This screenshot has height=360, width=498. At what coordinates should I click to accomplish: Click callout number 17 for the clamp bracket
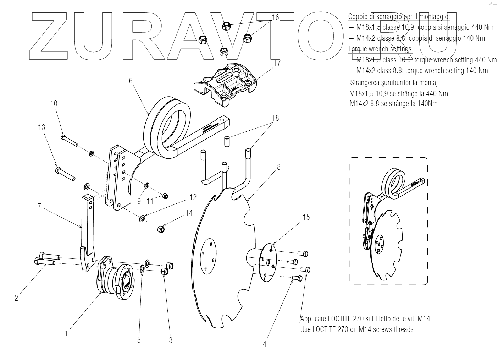pyautogui.click(x=277, y=63)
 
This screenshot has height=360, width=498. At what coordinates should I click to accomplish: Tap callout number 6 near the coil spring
pyautogui.click(x=131, y=81)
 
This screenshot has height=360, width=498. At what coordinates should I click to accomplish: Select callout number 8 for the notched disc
pyautogui.click(x=279, y=167)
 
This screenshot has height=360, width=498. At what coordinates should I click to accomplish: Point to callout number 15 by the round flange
pyautogui.click(x=306, y=217)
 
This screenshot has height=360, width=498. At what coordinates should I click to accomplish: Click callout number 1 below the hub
pyautogui.click(x=66, y=333)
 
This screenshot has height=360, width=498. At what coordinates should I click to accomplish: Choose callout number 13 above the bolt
pyautogui.click(x=42, y=127)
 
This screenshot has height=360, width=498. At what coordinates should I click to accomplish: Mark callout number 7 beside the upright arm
pyautogui.click(x=40, y=206)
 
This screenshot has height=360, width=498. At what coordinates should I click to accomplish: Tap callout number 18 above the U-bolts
pyautogui.click(x=275, y=118)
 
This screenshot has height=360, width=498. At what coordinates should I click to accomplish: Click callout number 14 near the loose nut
pyautogui.click(x=189, y=213)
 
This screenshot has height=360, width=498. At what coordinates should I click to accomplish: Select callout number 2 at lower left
pyautogui.click(x=16, y=298)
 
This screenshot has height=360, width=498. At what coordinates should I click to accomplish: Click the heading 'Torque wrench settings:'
pyautogui.click(x=380, y=49)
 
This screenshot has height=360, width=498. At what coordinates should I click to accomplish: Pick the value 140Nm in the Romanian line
pyautogui.click(x=427, y=104)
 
